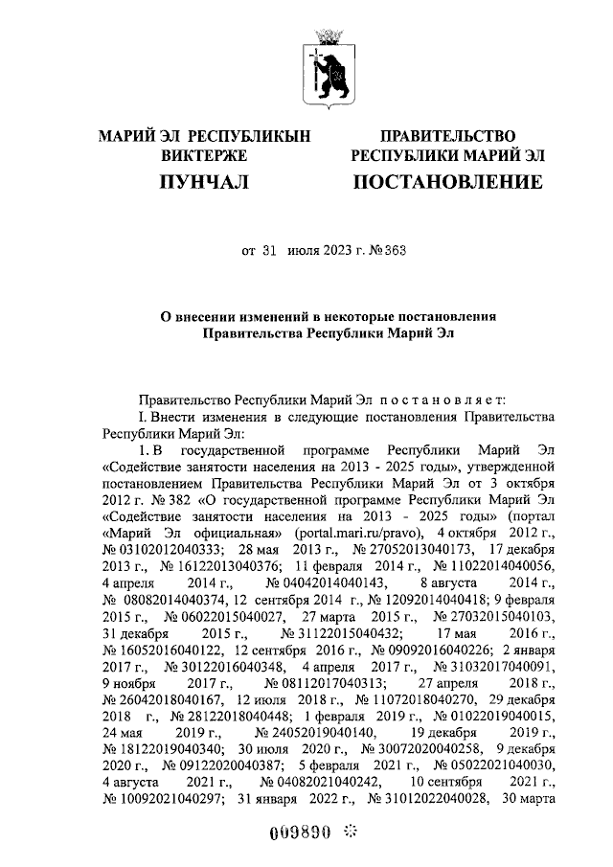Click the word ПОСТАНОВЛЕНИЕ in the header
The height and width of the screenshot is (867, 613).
click(447, 181)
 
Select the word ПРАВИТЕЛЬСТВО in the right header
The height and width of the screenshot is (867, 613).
click(447, 137)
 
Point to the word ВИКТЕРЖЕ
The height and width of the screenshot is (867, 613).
click(204, 155)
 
